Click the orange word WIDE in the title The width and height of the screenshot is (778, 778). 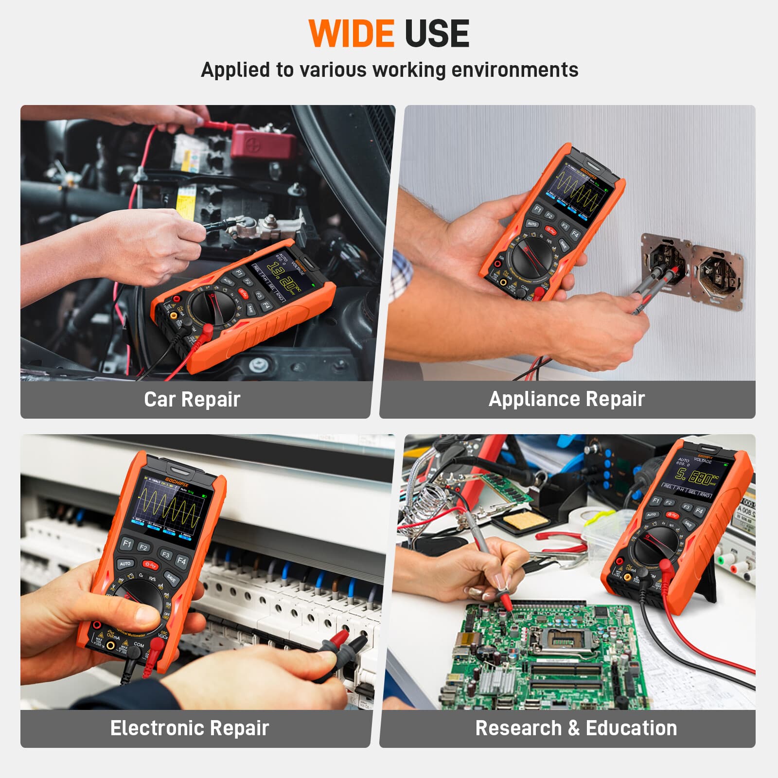[351, 34]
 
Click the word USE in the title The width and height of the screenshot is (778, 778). [436, 34]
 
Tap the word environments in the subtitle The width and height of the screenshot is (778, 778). [515, 70]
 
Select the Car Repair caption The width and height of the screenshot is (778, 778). [192, 399]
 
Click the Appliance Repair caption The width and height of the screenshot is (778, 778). [566, 399]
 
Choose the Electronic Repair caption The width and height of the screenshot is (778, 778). [189, 728]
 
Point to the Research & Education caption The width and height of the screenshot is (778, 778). [576, 728]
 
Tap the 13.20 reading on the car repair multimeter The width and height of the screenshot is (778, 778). [282, 276]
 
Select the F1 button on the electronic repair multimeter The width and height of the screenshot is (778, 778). [127, 544]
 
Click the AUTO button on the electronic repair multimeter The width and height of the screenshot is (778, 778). [125, 564]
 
